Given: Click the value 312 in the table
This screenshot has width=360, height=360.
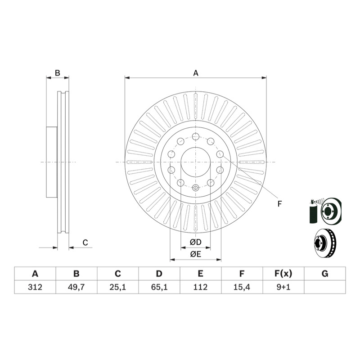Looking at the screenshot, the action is pyautogui.click(x=35, y=287).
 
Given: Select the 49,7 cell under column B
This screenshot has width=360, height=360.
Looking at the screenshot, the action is pyautogui.click(x=76, y=287).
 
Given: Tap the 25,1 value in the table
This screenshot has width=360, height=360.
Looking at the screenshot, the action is pyautogui.click(x=117, y=287).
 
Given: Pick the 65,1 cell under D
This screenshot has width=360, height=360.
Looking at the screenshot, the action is pyautogui.click(x=159, y=287).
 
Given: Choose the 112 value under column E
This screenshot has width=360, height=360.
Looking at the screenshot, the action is pyautogui.click(x=200, y=287).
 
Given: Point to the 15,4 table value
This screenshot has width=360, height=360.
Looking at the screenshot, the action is pyautogui.click(x=242, y=287).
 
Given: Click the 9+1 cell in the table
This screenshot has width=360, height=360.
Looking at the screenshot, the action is pyautogui.click(x=283, y=287).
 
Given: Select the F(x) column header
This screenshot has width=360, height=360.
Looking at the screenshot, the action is pyautogui.click(x=283, y=274).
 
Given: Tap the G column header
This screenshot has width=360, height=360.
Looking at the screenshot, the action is pyautogui.click(x=325, y=274).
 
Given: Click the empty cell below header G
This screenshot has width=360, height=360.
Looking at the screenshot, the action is pyautogui.click(x=325, y=287).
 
